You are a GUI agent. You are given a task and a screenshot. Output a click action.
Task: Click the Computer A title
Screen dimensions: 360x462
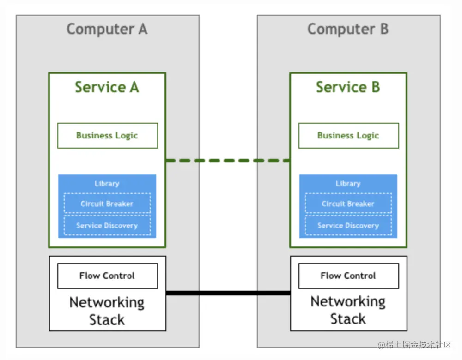[107, 29]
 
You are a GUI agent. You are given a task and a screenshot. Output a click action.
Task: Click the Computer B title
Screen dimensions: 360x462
[348, 29]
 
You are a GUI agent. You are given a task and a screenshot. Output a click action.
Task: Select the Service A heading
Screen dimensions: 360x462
[107, 87]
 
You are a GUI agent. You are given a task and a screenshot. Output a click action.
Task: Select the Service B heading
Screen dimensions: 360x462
[348, 87]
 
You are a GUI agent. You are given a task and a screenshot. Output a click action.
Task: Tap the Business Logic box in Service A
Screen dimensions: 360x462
[107, 135]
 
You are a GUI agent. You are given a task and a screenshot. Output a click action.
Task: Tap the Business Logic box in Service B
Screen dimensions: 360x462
[348, 135]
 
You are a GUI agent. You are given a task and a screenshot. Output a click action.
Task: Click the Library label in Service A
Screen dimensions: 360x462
[107, 183]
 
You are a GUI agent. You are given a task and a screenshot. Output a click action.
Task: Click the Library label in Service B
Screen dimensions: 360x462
[348, 183]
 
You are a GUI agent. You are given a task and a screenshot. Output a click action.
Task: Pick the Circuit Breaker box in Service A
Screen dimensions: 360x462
[107, 204]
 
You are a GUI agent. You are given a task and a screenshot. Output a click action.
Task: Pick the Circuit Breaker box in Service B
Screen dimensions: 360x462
[348, 204]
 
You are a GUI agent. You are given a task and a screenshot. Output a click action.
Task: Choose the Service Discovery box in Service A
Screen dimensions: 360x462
[107, 226]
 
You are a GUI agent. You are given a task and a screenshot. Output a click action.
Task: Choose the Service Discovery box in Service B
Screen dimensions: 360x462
[348, 226]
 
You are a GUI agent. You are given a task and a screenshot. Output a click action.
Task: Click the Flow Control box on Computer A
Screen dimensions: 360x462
[107, 276]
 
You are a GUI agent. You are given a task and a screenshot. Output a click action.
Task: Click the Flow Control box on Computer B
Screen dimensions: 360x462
[348, 276]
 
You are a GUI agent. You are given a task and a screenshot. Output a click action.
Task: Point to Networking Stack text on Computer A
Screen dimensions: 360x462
[107, 311]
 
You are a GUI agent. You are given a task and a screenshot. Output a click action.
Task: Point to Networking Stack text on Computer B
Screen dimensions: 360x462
[348, 310]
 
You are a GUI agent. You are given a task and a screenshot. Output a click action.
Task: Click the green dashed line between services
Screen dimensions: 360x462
[228, 161]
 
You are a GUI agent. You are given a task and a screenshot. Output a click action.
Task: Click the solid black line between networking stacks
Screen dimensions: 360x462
[228, 293]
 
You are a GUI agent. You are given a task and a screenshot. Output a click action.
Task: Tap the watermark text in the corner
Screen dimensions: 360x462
[414, 345]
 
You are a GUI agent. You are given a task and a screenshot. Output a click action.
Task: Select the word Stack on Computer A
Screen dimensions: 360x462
[107, 319]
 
